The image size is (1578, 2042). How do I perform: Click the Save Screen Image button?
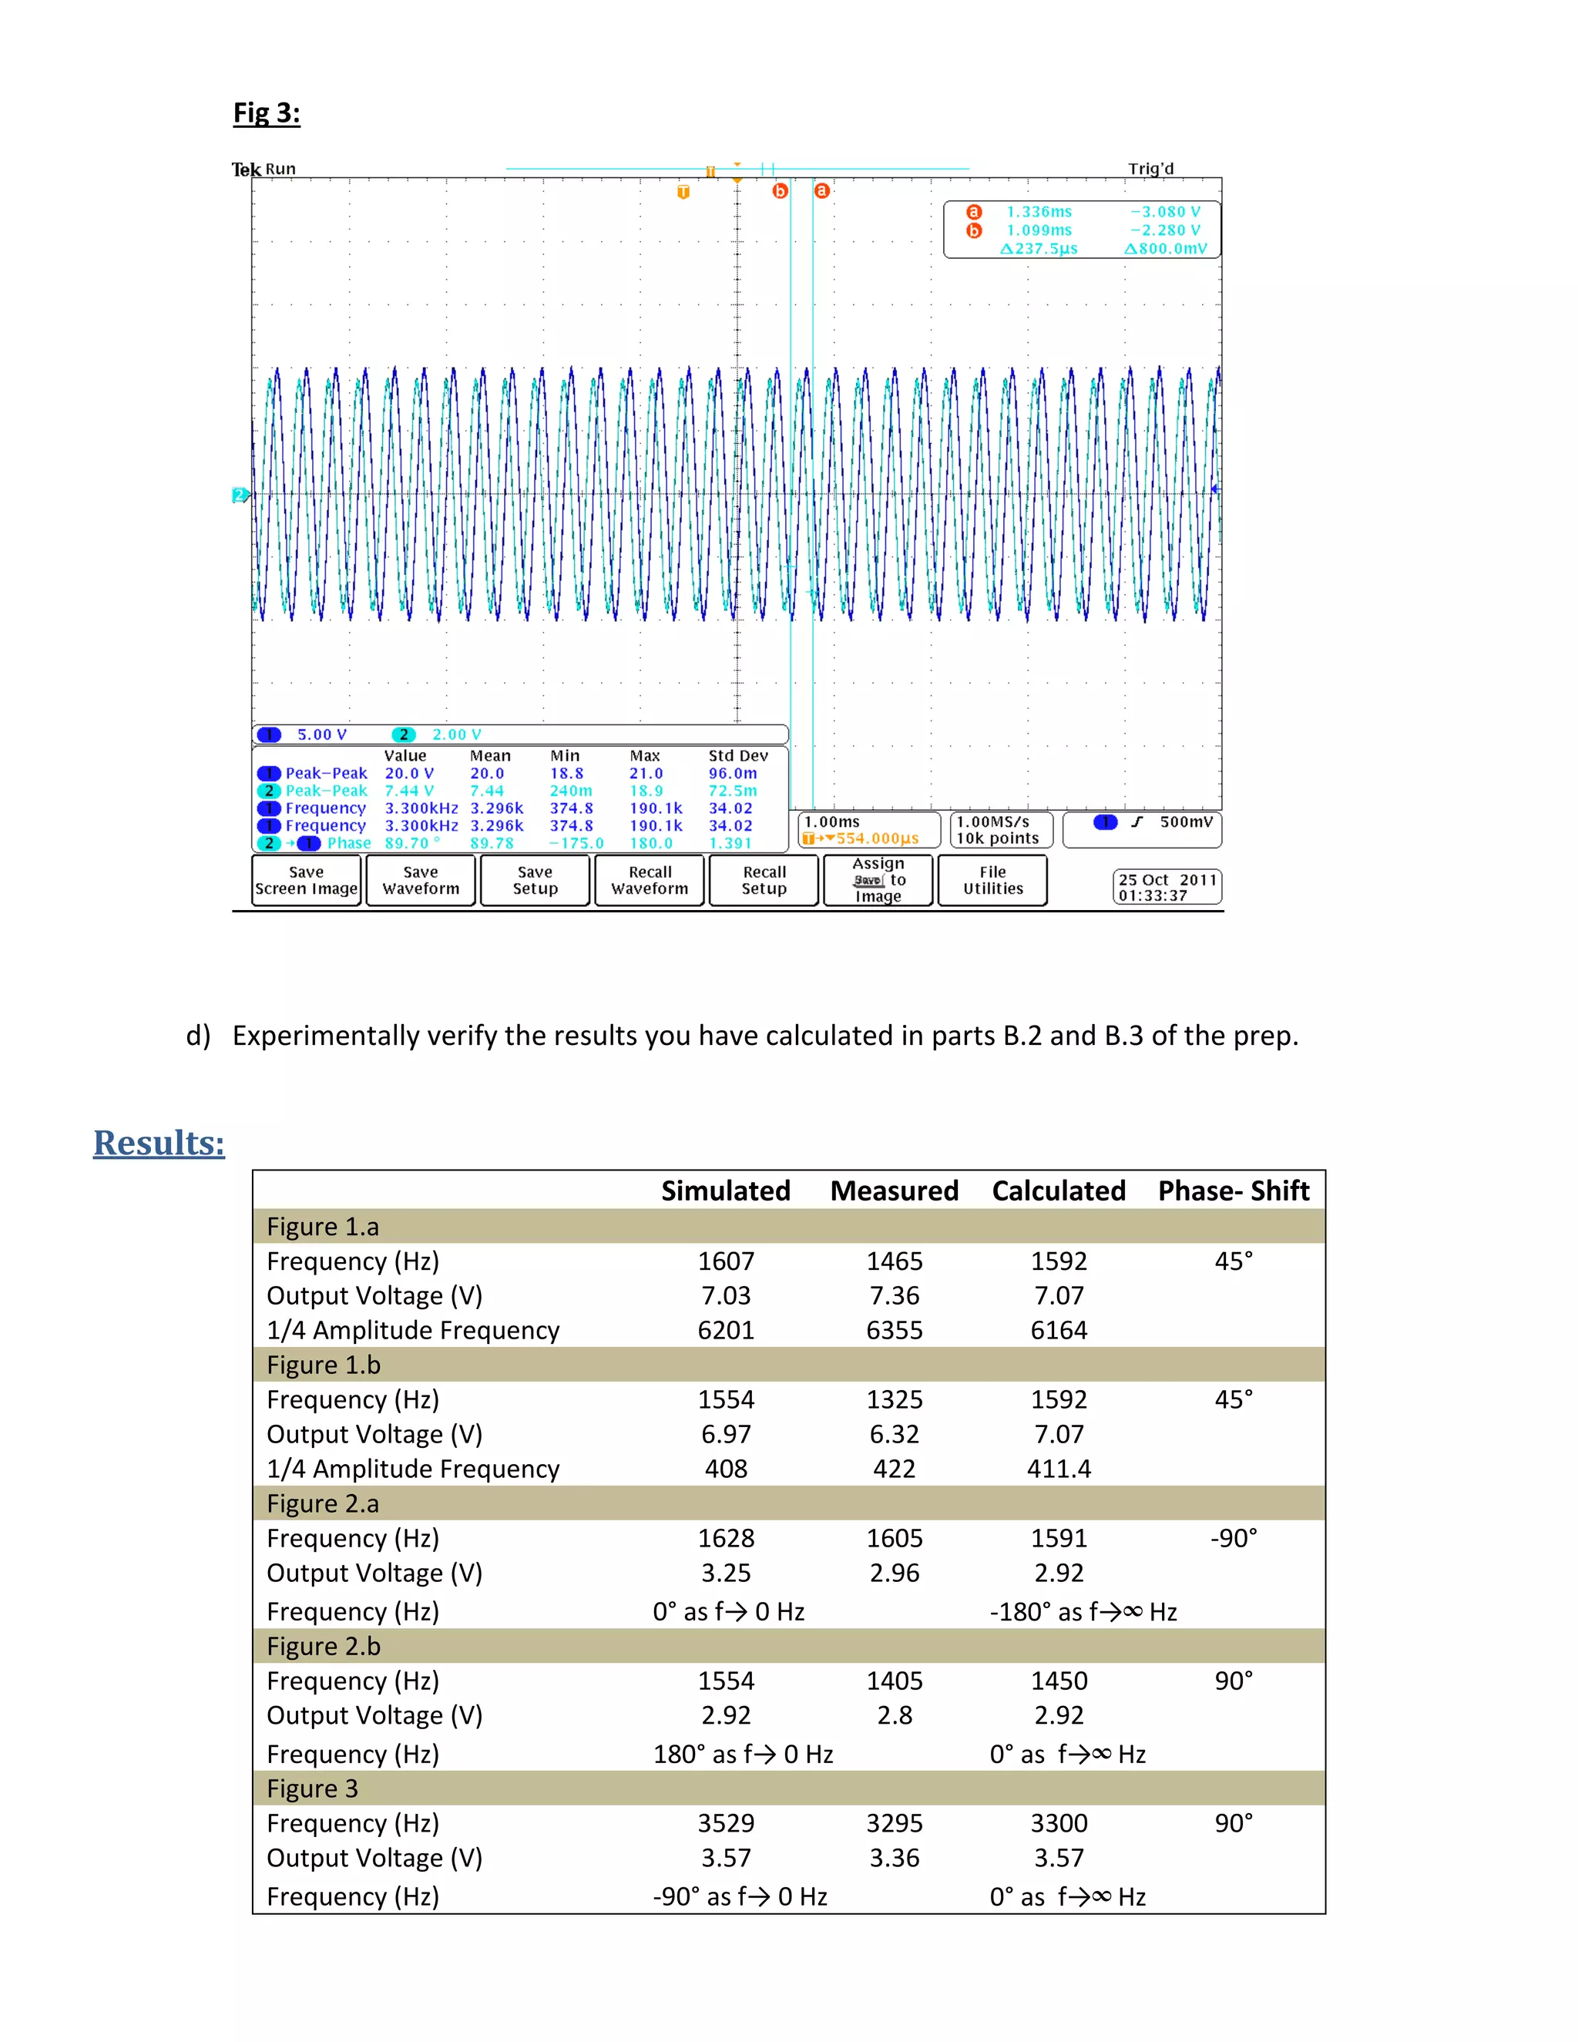click(306, 881)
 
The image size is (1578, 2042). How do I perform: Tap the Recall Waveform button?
click(650, 881)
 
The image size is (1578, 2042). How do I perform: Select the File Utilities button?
click(992, 881)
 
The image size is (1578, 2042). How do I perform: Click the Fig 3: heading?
click(267, 113)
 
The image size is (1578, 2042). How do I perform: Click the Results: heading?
click(159, 1143)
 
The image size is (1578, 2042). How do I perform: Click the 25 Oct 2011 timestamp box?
click(1167, 887)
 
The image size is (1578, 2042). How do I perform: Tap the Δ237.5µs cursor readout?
click(1039, 249)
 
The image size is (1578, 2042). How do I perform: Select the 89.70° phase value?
click(411, 843)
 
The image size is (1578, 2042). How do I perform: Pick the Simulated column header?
click(725, 1191)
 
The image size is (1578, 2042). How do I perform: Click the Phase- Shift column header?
click(1233, 1191)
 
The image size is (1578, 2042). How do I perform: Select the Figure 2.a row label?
click(323, 1503)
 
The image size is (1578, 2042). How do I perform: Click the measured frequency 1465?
click(894, 1261)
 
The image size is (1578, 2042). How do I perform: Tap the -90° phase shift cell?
click(1233, 1538)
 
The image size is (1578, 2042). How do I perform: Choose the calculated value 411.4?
click(1058, 1469)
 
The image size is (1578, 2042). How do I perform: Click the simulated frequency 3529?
click(725, 1823)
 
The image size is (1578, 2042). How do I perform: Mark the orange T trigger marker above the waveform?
click(683, 192)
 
